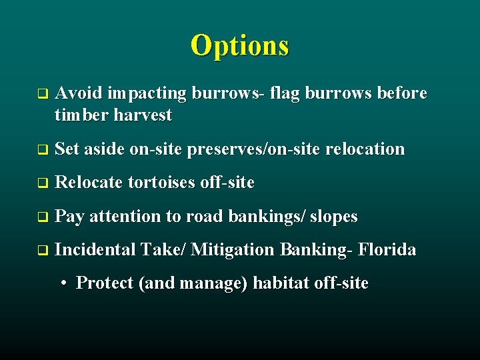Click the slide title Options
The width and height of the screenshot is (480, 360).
click(239, 45)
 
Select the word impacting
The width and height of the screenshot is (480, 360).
click(147, 93)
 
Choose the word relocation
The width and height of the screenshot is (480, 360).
click(365, 149)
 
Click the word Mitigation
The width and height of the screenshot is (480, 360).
click(232, 250)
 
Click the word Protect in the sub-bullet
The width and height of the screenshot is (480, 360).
click(105, 283)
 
